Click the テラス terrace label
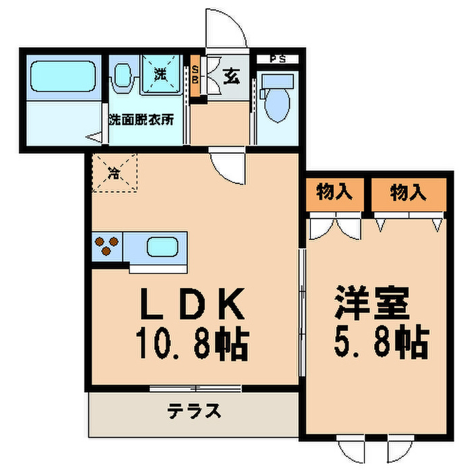tap(194, 411)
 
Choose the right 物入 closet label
tap(409, 193)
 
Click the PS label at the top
tap(277, 59)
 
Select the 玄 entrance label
tap(231, 77)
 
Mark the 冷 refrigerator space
tap(115, 173)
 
